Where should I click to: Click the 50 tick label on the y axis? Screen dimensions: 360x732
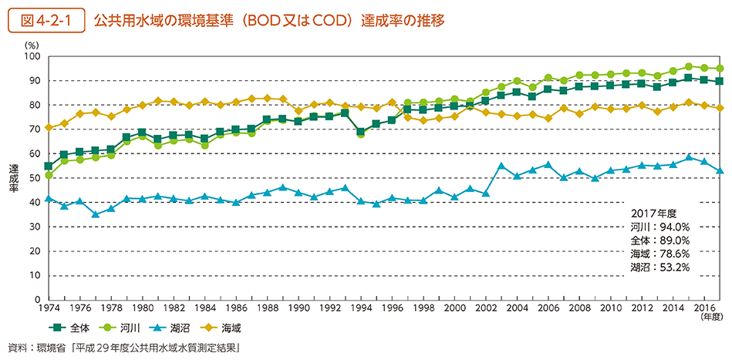[33, 178]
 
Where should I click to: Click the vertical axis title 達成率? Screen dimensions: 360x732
[13, 178]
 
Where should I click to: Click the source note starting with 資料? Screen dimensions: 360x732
[123, 348]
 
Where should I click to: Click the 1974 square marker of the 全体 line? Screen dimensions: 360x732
[49, 166]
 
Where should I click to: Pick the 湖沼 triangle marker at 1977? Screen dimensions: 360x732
[96, 214]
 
